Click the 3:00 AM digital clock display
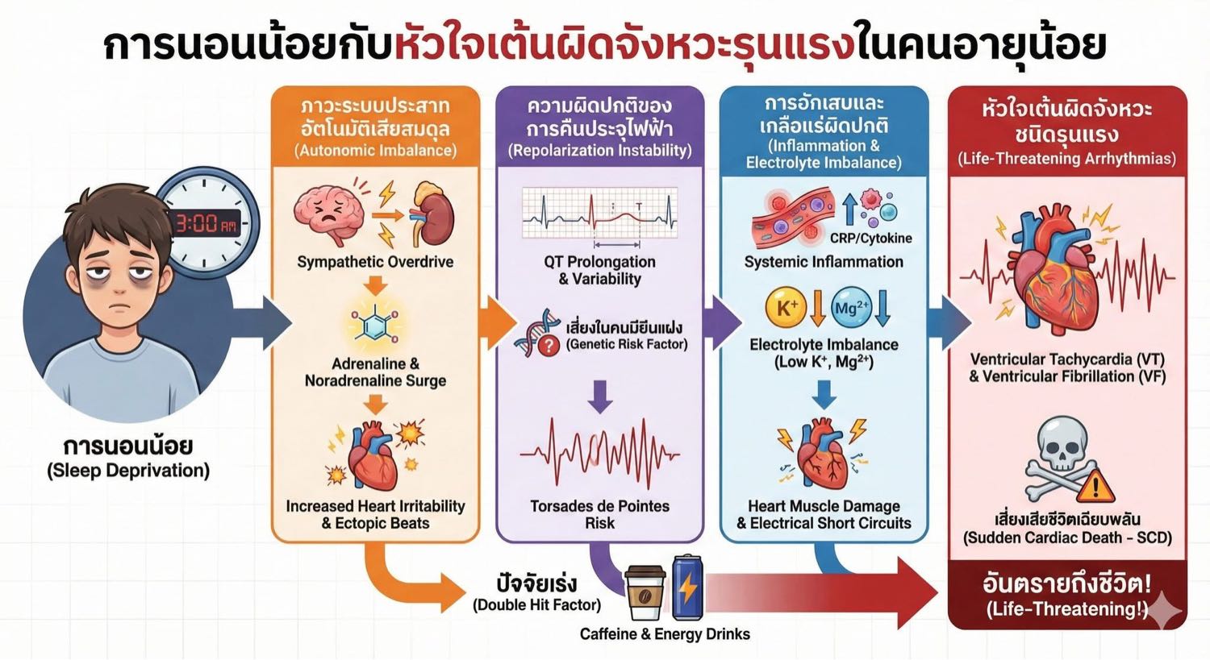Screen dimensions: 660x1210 (207, 222)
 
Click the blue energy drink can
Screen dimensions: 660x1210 (687, 586)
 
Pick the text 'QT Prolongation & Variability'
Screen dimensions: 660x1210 (599, 271)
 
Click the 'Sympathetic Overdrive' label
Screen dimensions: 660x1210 (375, 262)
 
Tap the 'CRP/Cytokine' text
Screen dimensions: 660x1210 (870, 238)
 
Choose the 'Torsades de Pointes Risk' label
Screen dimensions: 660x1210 (599, 514)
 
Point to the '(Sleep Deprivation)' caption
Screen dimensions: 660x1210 (128, 471)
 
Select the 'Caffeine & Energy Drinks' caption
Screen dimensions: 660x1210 (665, 633)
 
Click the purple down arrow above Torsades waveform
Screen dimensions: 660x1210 (599, 396)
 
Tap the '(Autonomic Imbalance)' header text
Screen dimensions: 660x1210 (375, 150)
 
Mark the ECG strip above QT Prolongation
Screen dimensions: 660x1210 (599, 213)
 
